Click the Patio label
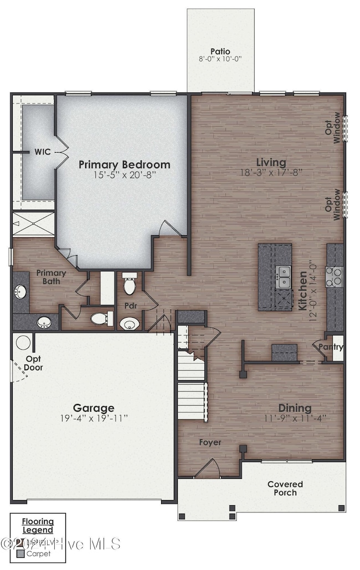220,51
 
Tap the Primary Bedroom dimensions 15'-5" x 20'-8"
124,175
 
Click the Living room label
271,162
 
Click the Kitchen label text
304,291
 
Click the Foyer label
210,442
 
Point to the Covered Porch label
285,488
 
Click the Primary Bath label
51,277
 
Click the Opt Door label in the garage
34,363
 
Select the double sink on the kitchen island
283,276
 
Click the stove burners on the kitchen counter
335,276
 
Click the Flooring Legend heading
38,525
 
